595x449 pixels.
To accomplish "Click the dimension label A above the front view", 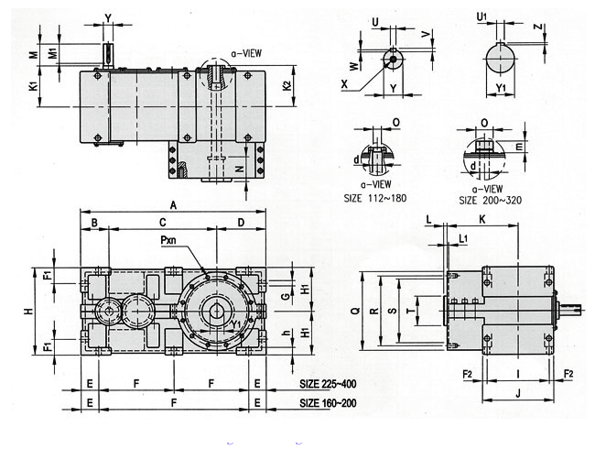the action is pos(173,205).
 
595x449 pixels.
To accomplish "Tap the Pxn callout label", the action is pos(168,240).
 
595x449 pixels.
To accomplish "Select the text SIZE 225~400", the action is pos(328,384).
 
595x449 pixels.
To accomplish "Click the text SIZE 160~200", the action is pos(328,402).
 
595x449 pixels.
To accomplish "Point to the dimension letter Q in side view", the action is pos(355,311).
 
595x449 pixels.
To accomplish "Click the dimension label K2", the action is pos(287,86).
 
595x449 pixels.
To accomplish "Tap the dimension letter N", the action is pos(239,169).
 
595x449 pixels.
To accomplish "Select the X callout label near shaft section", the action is pos(344,83).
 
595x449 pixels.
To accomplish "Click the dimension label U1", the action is pos(481,16).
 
